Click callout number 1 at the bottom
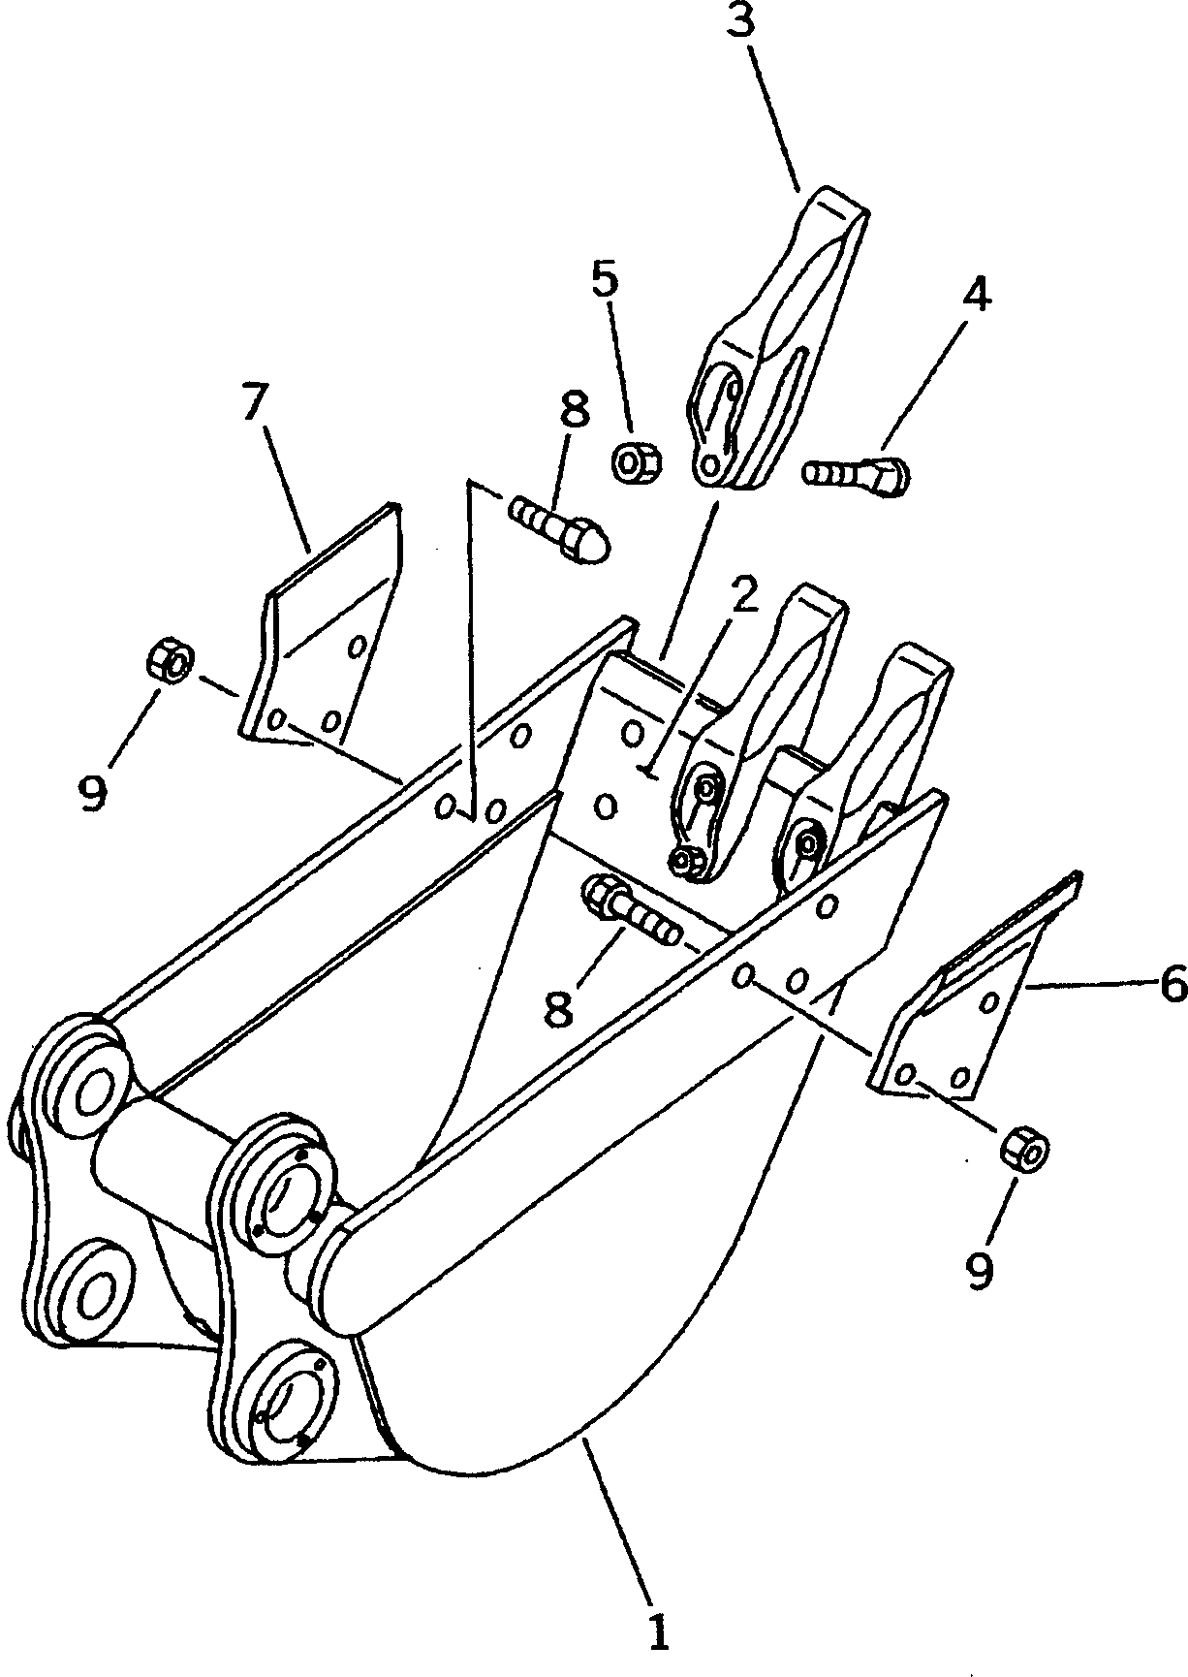[x=658, y=1630]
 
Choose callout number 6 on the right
[x=1172, y=986]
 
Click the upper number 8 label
[x=574, y=410]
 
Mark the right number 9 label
[x=981, y=1267]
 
